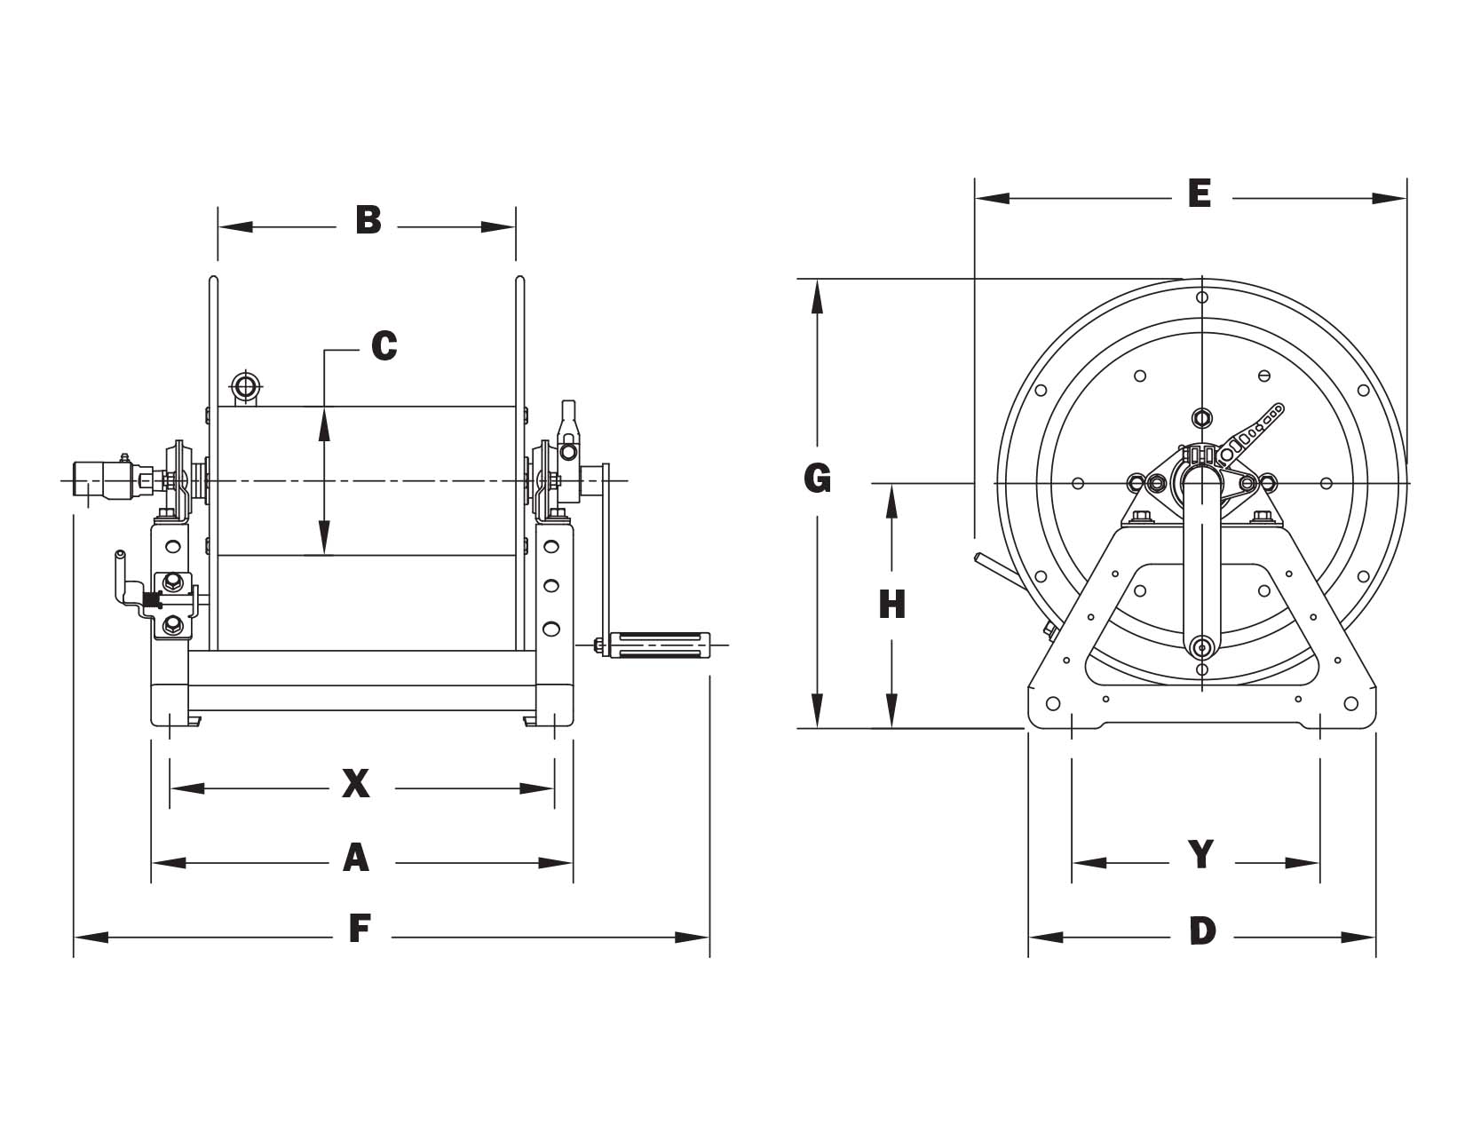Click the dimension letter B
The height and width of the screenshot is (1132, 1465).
point(368,220)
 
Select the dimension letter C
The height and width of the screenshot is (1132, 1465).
point(384,346)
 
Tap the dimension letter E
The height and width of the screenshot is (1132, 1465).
point(1200,194)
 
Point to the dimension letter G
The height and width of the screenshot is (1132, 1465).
point(817,479)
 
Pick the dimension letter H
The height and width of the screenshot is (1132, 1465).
point(892,605)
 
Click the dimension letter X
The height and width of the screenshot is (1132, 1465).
point(356,784)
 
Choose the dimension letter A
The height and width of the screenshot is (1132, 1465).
point(356,859)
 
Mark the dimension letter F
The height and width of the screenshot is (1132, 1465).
point(360,929)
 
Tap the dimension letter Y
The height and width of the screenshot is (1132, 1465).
point(1201,854)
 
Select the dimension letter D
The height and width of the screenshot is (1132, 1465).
point(1203,931)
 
